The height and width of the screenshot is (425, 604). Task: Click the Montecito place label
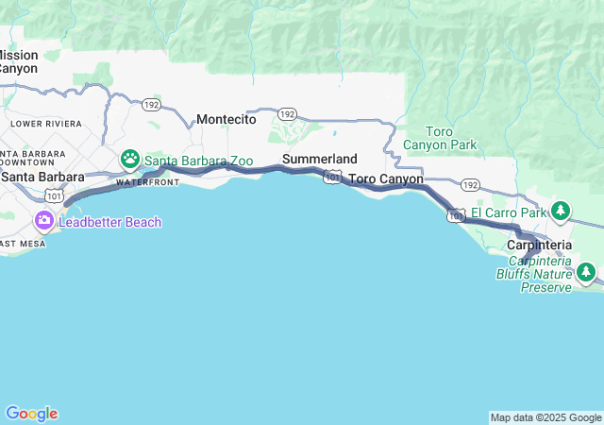[226, 120]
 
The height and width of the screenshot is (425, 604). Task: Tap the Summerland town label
[320, 159]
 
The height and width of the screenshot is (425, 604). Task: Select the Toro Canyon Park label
[440, 138]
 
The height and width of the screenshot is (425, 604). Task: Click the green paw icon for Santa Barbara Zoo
[129, 160]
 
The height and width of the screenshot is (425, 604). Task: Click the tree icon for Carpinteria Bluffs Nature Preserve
[586, 273]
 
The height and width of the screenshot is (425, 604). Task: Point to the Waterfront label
[147, 182]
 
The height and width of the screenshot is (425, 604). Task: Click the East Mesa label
[19, 244]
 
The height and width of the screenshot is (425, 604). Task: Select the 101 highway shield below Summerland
[331, 177]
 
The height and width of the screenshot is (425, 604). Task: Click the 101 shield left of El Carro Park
[456, 215]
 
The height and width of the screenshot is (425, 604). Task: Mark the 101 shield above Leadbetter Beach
[54, 195]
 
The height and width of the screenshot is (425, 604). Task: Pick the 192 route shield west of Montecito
[150, 105]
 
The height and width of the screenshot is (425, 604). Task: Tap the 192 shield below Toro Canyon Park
[471, 185]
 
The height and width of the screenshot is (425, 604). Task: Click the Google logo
[31, 414]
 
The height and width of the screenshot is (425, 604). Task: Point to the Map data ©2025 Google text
[545, 417]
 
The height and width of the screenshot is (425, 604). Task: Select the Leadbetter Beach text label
[110, 222]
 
